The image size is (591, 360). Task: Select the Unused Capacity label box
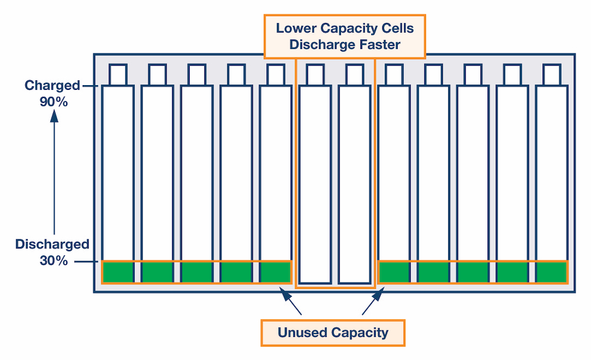(333, 332)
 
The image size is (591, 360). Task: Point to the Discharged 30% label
(52, 252)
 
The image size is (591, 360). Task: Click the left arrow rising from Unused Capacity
(291, 300)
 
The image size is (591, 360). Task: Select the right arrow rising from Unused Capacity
(372, 300)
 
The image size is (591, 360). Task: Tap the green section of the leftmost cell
(118, 272)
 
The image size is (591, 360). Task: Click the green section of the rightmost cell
(551, 272)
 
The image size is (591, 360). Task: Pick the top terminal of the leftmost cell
(118, 74)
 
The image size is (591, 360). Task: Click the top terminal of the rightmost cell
(551, 74)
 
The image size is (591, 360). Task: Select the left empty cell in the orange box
(315, 183)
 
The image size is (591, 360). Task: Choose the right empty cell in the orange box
(355, 183)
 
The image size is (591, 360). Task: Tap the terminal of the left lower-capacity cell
(315, 74)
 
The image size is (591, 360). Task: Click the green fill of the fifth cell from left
(275, 272)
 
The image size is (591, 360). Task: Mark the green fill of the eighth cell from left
(394, 272)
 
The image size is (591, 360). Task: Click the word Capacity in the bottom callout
(359, 332)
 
